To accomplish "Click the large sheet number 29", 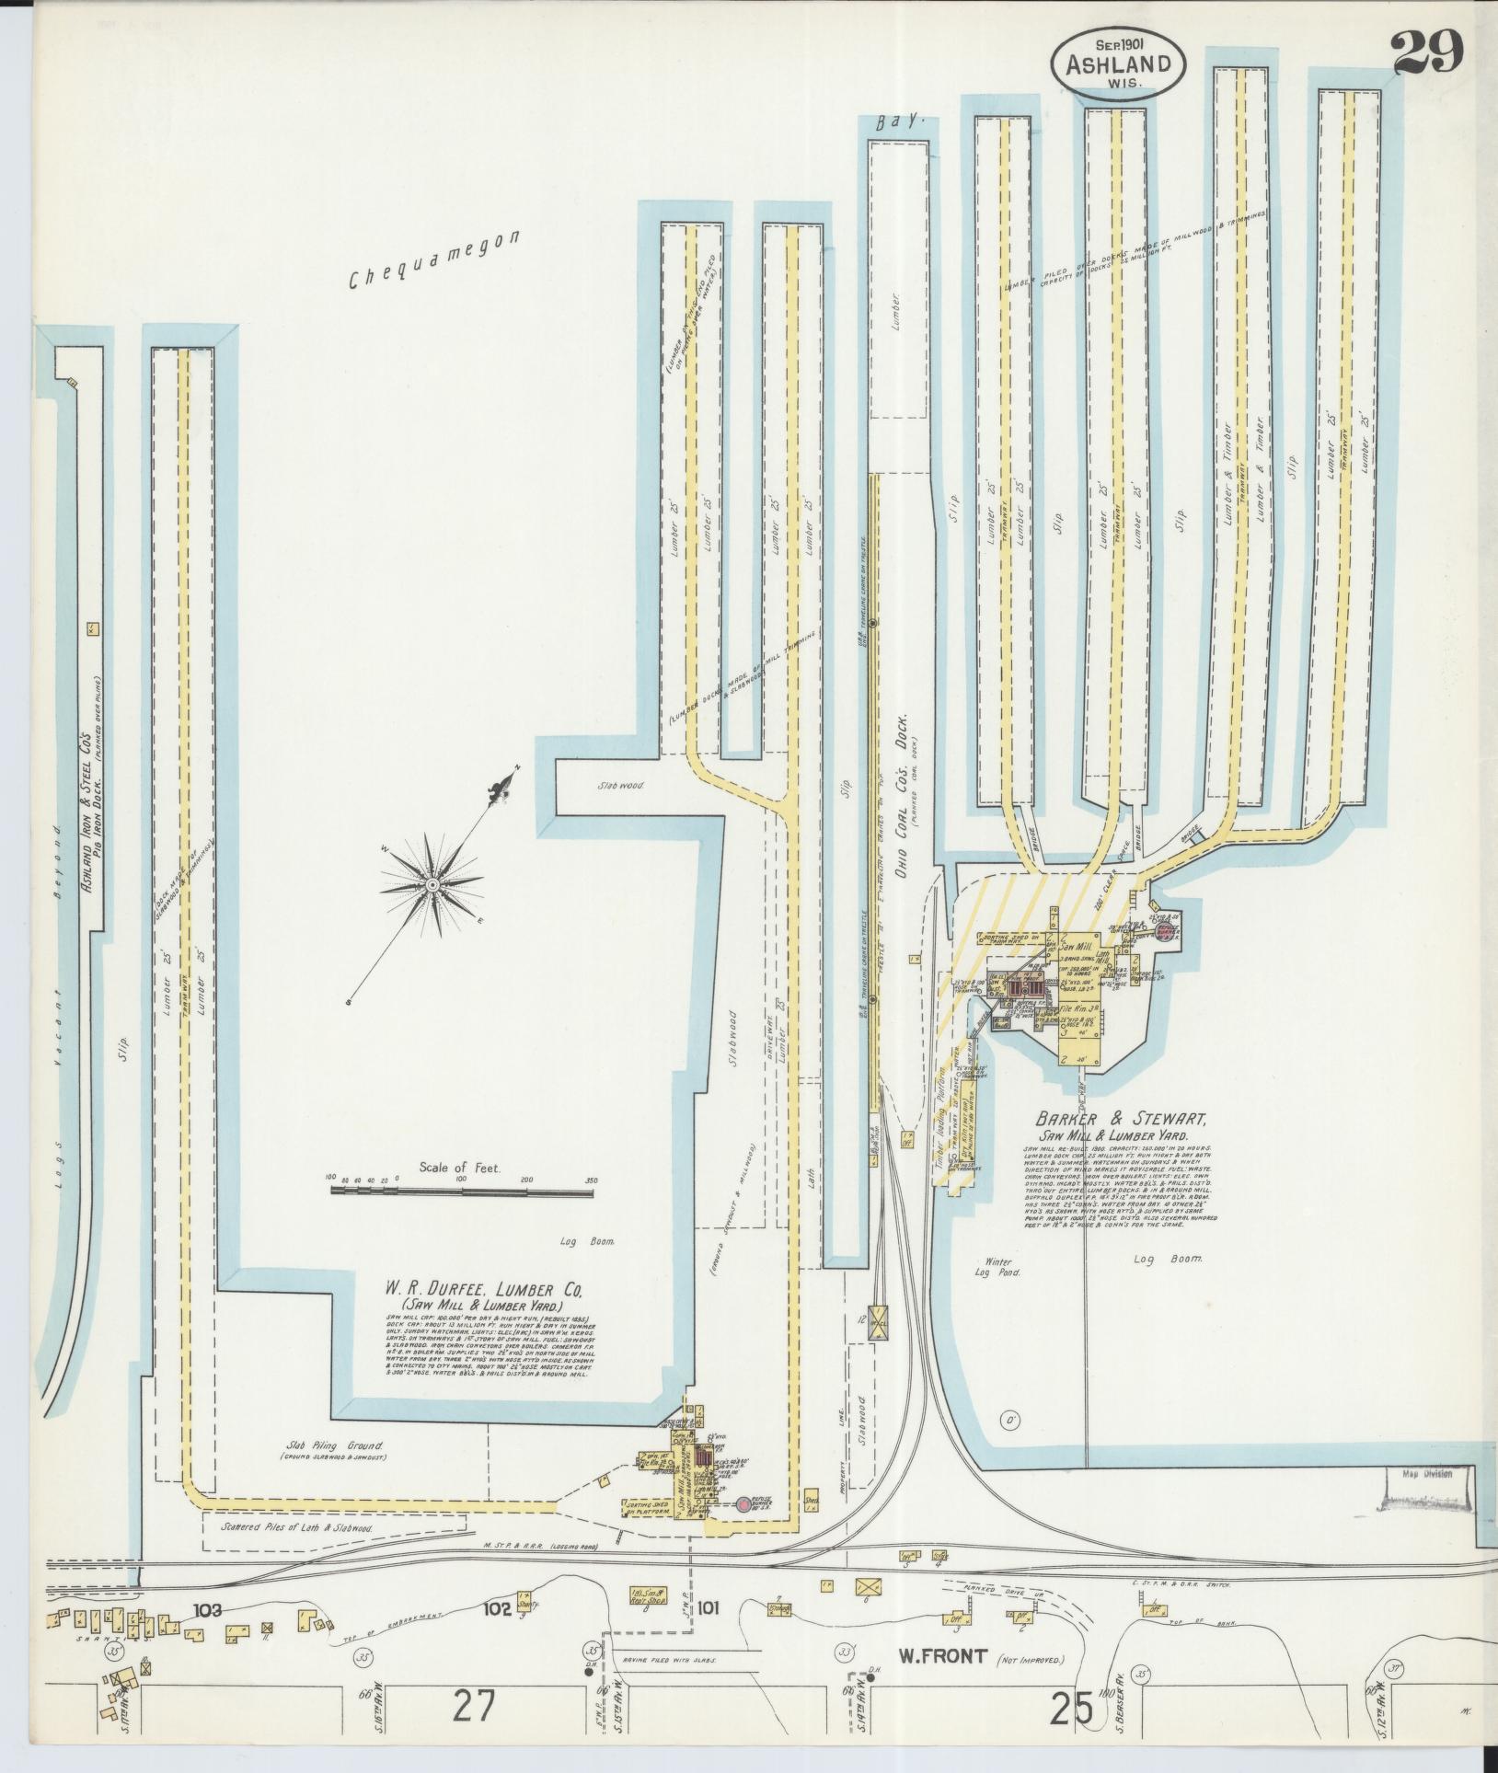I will point(1426,52).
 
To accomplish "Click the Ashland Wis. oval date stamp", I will point(1118,63).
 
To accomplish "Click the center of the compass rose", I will point(431,884).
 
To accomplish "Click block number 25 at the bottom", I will point(1072,1709).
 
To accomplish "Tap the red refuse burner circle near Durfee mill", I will point(743,1505).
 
